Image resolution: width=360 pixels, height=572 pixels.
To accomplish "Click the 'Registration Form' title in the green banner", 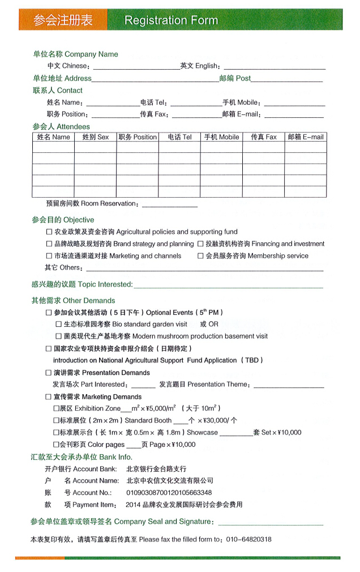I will (x=171, y=20).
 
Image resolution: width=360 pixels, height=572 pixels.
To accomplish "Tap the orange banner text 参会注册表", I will (x=63, y=20).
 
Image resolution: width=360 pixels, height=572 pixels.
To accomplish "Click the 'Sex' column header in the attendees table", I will (x=96, y=137).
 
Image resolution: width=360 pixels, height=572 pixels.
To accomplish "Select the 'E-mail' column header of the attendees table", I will (x=306, y=137).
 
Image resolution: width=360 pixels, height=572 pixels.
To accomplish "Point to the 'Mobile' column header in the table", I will (x=221, y=137).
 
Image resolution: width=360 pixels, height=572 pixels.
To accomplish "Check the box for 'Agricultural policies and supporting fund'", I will (x=49, y=232).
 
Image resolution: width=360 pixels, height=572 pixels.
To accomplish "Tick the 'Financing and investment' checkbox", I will (x=200, y=244).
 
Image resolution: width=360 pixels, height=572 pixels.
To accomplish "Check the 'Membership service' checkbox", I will (x=200, y=256).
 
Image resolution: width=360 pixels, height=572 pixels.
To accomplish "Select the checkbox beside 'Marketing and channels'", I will (x=49, y=256).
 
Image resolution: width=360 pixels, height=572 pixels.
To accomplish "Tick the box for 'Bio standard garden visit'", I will (x=59, y=325).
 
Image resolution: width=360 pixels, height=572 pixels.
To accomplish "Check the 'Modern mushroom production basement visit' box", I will (x=59, y=336).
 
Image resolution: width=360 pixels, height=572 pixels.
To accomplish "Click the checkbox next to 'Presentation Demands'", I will (x=49, y=373).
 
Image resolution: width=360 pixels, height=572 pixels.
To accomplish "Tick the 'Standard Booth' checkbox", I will (x=56, y=421).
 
